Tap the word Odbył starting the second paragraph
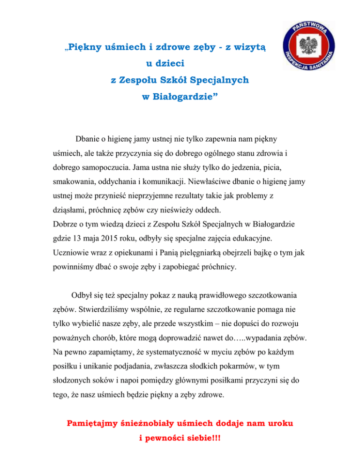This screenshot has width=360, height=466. click(83, 296)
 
